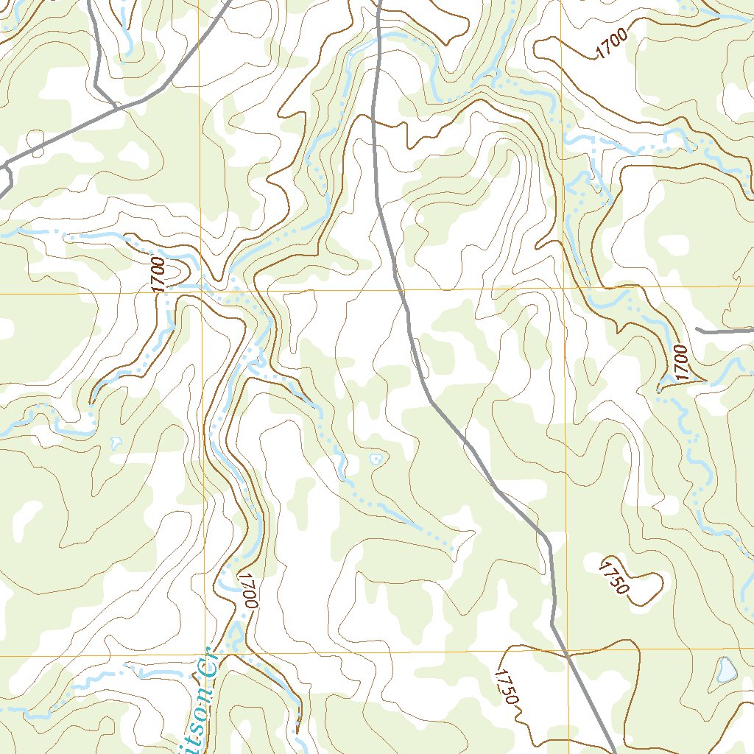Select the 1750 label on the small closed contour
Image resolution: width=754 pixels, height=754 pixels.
coord(614,577)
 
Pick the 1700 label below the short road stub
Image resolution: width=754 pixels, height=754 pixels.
coord(680,362)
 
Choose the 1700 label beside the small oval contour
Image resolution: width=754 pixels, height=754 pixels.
coord(157,275)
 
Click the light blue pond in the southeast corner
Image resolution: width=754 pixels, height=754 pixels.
coord(726,670)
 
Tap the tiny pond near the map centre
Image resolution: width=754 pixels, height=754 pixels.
coord(377,459)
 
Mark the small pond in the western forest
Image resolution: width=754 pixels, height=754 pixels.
coord(115,443)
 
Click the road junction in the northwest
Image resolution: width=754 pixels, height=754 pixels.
coord(117,108)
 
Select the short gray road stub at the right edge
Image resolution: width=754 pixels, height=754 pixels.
coord(725,331)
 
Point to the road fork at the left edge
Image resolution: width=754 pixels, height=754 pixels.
coord(7,166)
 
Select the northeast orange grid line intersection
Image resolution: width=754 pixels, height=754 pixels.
coord(563,288)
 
